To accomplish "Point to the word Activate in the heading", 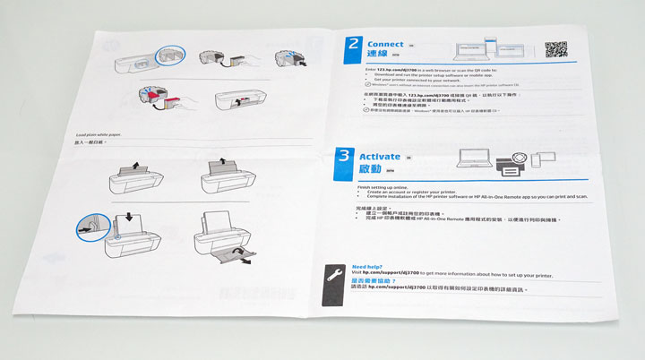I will [x=384, y=157].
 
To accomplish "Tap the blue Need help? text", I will [x=368, y=267].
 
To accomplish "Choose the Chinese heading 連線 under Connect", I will [x=380, y=56].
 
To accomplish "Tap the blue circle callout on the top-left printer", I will [x=168, y=55].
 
